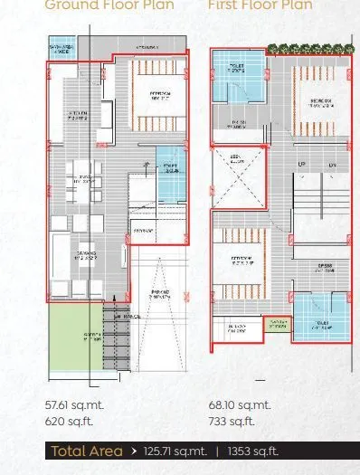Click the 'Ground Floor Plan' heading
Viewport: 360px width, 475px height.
97,5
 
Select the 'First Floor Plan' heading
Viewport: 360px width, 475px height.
261,5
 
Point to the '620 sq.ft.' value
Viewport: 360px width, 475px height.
69,422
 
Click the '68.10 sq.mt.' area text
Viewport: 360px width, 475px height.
240,406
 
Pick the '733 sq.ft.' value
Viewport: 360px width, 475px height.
232,422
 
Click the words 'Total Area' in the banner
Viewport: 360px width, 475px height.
87,451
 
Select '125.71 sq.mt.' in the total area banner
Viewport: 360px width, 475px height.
175,451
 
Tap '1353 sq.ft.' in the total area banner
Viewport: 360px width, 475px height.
253,451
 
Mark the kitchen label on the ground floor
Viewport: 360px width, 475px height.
78,116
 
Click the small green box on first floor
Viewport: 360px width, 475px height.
277,324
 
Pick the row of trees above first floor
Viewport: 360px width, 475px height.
305,49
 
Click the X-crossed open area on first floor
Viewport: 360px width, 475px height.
237,185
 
